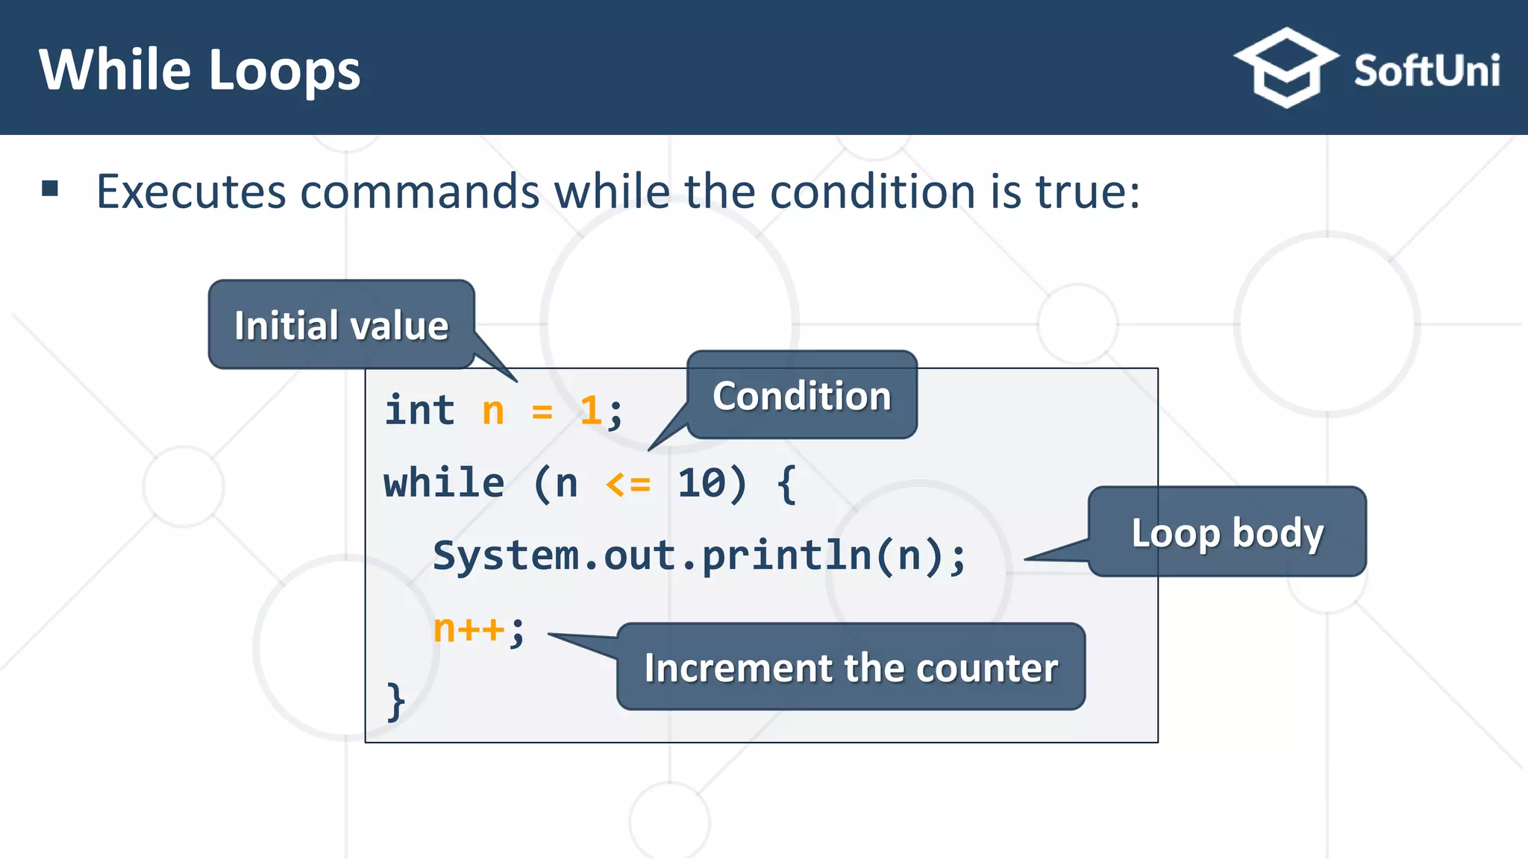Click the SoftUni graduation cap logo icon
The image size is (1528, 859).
[1286, 68]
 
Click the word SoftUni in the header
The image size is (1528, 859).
[1426, 72]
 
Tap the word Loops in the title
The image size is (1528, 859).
[284, 71]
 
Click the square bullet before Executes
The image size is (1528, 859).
[50, 188]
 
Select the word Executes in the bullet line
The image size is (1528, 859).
[191, 192]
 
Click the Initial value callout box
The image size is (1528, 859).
[341, 325]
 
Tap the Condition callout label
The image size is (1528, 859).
[801, 395]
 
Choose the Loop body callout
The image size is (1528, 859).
[1227, 532]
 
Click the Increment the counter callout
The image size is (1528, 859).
[851, 667]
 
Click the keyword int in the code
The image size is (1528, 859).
[419, 410]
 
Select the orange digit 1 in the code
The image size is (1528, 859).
[590, 411]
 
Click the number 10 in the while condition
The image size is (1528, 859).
[701, 483]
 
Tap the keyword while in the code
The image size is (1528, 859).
[444, 483]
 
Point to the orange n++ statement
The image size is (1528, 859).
[469, 629]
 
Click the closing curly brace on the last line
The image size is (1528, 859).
[395, 701]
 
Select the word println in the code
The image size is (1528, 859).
[787, 556]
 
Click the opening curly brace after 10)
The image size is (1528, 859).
[786, 484]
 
